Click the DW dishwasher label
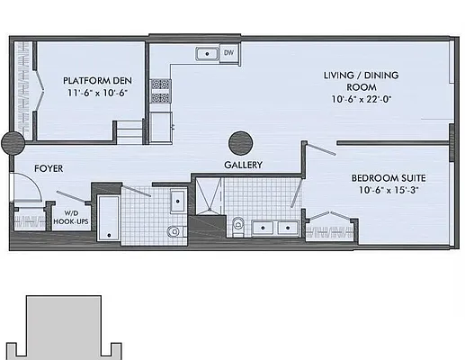228,53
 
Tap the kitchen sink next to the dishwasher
207,54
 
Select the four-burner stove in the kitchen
160,89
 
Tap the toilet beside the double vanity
237,224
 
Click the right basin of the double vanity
286,226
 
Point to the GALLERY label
243,166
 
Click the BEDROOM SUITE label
389,178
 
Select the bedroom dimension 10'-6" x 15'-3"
389,191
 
